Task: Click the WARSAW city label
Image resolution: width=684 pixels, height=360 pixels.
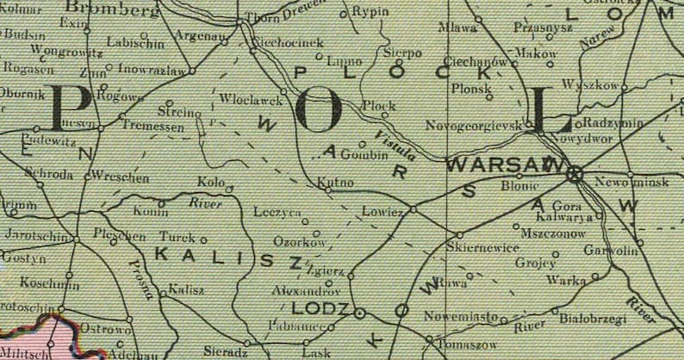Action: point(504,164)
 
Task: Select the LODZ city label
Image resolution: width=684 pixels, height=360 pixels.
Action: point(321,308)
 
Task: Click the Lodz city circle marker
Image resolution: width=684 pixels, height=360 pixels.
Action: point(359,313)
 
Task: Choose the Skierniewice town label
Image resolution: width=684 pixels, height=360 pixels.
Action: point(482,248)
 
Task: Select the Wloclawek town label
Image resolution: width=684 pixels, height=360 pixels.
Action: point(252,100)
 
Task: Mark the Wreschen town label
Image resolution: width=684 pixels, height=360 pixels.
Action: point(121,178)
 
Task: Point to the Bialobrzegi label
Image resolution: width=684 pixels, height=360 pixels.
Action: point(593,319)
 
